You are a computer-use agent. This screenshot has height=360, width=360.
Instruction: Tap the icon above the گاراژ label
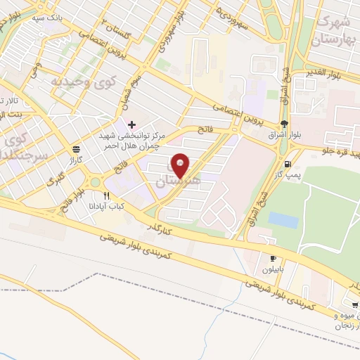coord(75,148)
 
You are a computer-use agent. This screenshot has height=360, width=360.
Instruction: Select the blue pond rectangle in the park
coord(283,219)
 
